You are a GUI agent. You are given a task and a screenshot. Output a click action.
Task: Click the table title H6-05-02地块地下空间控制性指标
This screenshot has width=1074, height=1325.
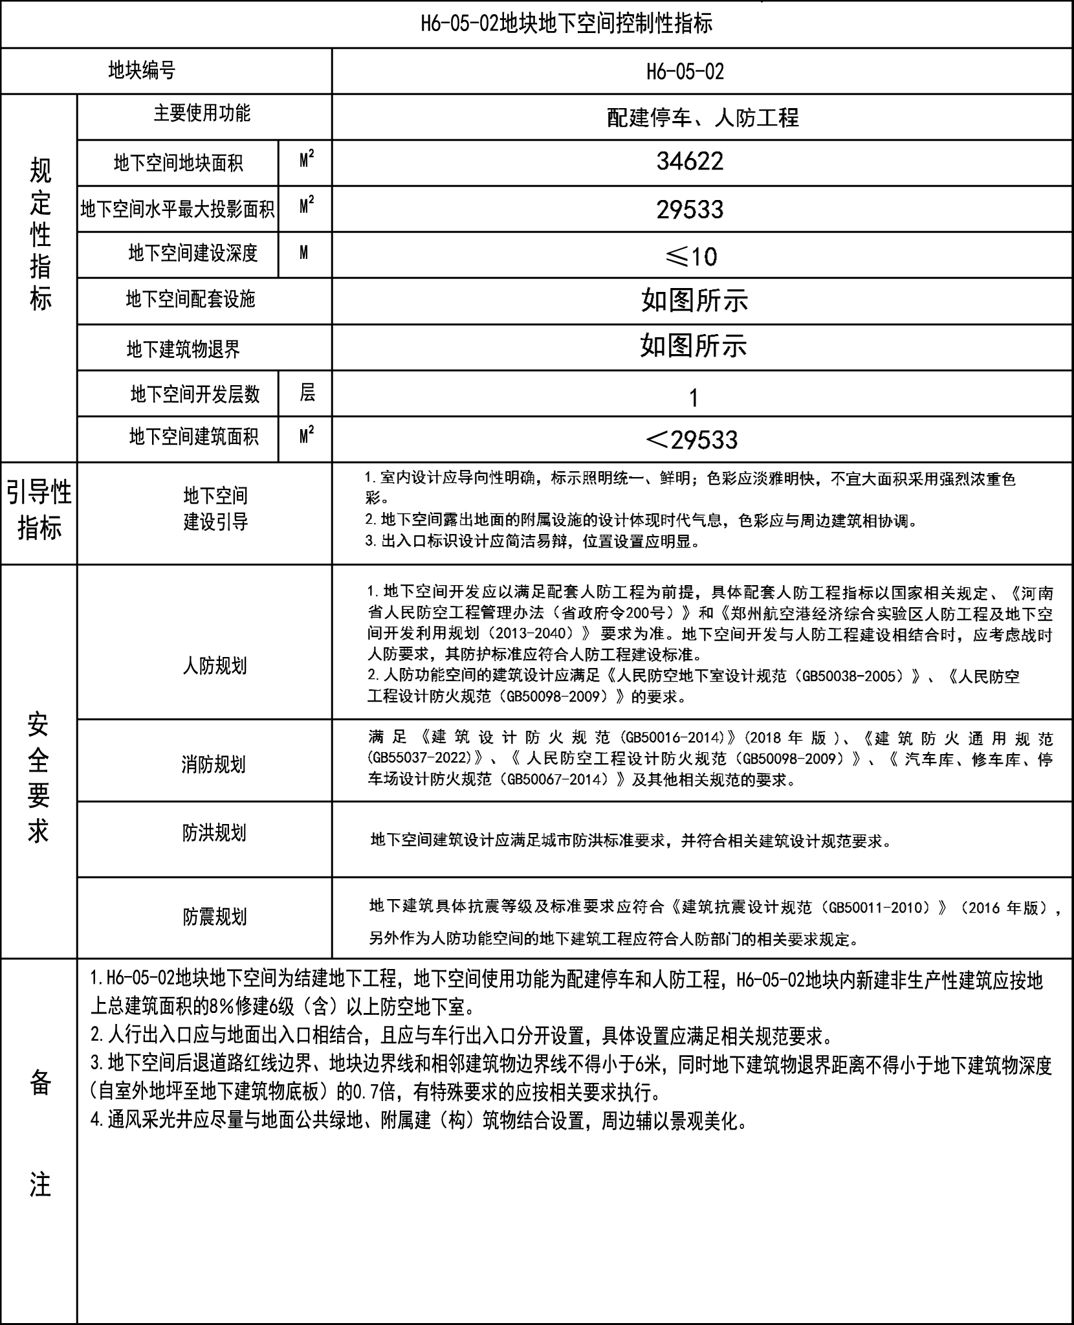tap(566, 24)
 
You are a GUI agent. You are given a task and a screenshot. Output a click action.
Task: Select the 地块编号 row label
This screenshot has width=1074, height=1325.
tap(142, 71)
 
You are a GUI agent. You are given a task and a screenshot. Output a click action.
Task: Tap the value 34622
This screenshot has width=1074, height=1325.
tap(690, 162)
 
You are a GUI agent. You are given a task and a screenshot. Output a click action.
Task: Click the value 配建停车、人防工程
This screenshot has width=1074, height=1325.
tap(703, 117)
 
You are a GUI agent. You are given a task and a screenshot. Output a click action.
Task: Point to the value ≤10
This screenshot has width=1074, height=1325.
tap(691, 257)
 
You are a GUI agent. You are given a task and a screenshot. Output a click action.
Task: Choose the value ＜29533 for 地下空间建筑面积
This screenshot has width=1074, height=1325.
tap(691, 440)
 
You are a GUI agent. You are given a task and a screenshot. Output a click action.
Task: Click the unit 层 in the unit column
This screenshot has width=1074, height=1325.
tap(307, 392)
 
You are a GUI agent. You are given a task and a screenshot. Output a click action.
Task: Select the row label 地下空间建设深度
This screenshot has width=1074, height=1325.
tap(193, 253)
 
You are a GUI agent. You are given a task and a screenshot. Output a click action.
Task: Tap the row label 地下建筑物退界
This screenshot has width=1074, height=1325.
tap(183, 350)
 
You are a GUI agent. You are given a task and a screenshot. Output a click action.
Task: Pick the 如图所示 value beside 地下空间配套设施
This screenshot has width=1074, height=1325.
tap(694, 301)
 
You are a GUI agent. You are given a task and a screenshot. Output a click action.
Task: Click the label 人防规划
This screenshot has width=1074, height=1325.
tap(214, 666)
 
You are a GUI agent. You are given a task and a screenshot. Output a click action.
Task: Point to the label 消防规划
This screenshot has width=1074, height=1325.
tap(213, 764)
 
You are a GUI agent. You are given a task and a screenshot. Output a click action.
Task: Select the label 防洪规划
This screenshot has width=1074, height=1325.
tap(214, 833)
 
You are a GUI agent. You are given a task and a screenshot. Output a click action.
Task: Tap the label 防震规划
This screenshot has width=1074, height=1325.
tap(214, 917)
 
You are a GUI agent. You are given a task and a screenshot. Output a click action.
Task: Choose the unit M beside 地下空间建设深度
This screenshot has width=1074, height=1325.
tap(304, 253)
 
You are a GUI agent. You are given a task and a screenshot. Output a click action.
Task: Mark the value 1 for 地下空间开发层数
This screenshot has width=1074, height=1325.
tap(694, 397)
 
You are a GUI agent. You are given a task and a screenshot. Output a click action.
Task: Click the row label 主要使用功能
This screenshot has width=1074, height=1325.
tap(202, 113)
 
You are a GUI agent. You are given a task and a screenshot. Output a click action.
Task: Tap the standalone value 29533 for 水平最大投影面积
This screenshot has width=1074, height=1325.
tap(690, 210)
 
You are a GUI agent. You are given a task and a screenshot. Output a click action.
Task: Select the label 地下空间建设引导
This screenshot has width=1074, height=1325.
tap(215, 509)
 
